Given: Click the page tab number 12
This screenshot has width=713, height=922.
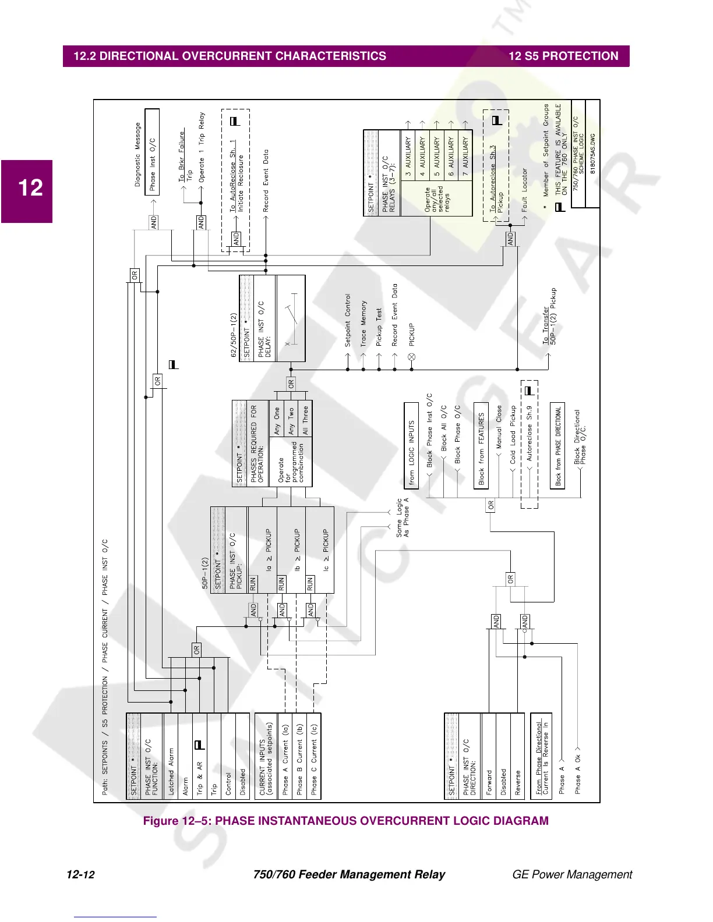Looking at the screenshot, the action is (x=30, y=188).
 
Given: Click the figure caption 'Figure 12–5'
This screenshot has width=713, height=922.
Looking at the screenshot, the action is (x=345, y=821).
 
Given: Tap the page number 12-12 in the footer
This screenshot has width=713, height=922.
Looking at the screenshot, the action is (x=80, y=874).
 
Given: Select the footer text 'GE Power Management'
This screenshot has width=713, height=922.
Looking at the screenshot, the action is (x=571, y=874).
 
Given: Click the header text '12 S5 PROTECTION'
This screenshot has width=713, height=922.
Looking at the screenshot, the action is (x=563, y=56).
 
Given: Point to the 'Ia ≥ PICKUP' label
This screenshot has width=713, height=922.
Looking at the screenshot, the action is (x=269, y=549).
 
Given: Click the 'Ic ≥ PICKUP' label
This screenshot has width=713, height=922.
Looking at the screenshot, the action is (x=326, y=549).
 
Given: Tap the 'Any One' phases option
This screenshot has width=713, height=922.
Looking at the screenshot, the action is (x=277, y=421).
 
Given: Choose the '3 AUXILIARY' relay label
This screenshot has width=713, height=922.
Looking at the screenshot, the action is (x=408, y=156).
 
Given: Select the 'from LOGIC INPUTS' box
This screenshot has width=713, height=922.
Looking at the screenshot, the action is (x=411, y=445).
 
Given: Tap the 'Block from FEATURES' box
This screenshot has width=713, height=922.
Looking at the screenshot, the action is (x=481, y=446).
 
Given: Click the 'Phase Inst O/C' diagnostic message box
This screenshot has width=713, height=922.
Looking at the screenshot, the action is (x=152, y=165).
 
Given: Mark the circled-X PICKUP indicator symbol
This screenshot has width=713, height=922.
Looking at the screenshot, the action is (x=411, y=357).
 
